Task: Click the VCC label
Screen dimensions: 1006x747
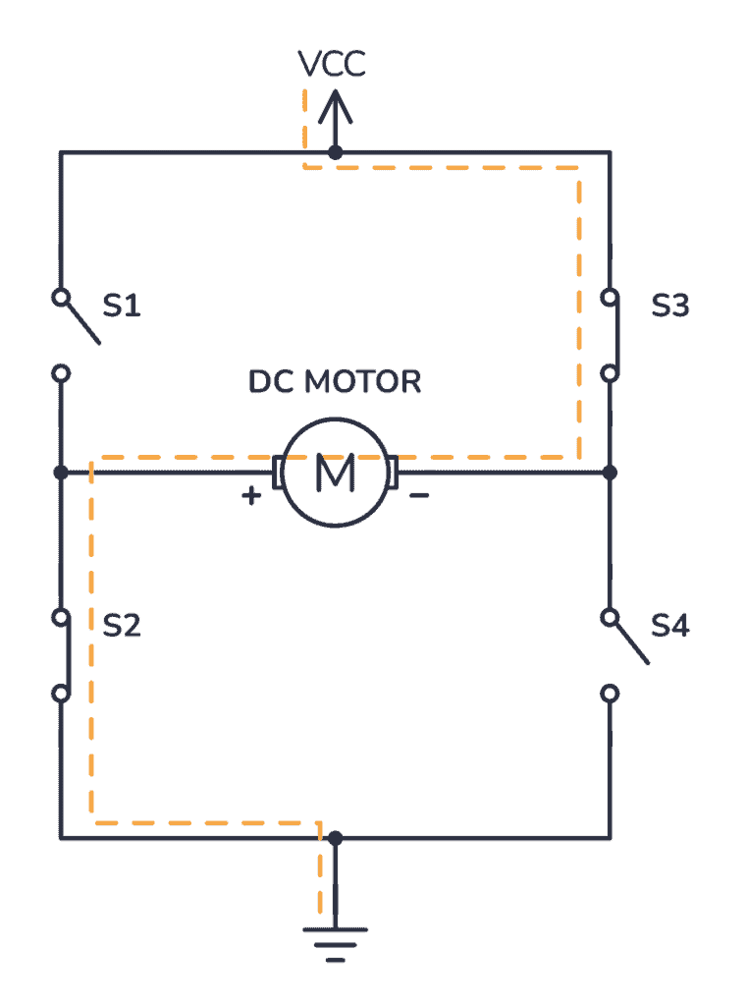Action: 333,65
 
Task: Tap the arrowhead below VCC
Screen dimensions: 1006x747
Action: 335,102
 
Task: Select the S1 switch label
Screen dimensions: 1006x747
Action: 122,307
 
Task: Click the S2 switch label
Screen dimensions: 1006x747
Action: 122,626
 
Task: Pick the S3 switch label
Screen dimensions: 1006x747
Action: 670,307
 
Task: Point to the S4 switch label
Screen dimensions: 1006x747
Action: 670,626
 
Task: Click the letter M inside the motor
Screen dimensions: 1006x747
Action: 335,474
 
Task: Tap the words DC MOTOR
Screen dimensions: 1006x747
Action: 335,381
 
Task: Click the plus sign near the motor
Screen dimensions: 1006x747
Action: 252,496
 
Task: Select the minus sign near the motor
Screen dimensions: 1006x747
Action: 418,496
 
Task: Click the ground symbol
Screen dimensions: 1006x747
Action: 335,938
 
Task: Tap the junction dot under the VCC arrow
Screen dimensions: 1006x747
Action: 335,152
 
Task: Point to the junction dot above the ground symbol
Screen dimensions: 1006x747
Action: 335,838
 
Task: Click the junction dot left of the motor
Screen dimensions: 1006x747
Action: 61,473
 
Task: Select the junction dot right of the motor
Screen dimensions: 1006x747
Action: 610,473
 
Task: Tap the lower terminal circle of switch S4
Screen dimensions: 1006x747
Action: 610,694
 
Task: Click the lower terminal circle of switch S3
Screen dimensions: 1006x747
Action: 610,373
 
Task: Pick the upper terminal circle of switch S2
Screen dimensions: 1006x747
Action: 61,618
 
